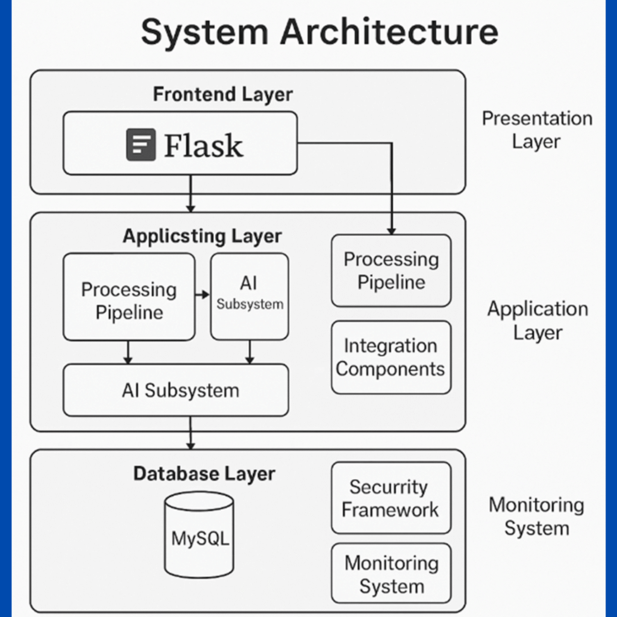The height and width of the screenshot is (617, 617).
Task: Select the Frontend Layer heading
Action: tap(222, 95)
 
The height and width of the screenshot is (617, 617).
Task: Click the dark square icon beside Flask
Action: tap(140, 145)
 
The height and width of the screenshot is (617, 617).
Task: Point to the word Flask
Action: tap(204, 145)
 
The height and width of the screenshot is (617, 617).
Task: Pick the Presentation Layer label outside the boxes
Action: tap(536, 130)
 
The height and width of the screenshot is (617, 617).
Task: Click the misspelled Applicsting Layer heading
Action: tap(202, 236)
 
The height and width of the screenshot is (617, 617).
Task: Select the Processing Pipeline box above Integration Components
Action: tap(391, 271)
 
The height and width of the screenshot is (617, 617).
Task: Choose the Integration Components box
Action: tap(391, 357)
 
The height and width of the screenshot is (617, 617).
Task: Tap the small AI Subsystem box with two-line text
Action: tap(249, 295)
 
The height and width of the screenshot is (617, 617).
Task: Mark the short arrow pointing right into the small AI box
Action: tap(202, 295)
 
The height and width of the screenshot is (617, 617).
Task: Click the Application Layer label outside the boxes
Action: tap(537, 320)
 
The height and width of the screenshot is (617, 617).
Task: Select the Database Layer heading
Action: tap(204, 474)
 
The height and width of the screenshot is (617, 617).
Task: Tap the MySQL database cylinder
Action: tap(199, 534)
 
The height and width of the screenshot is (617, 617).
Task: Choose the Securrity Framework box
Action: tap(391, 498)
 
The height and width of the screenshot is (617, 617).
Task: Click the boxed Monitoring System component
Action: tap(391, 574)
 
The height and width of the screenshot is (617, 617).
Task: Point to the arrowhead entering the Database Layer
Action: tap(190, 445)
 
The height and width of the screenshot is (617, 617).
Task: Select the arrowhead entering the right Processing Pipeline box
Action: tap(391, 231)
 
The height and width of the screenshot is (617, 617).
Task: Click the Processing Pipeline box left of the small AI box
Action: tap(129, 296)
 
